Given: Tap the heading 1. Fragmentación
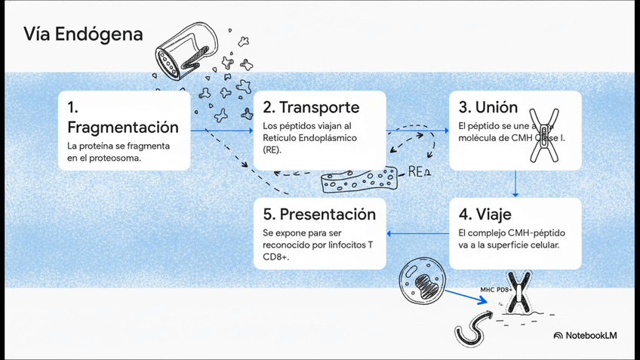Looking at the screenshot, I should pyautogui.click(x=123, y=116).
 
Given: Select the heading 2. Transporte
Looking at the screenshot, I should pyautogui.click(x=311, y=107).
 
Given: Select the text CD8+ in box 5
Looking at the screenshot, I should pyautogui.click(x=276, y=257).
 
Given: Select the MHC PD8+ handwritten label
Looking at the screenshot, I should pyautogui.click(x=497, y=289).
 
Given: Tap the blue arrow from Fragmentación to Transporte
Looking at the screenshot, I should pyautogui.click(x=220, y=130).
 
